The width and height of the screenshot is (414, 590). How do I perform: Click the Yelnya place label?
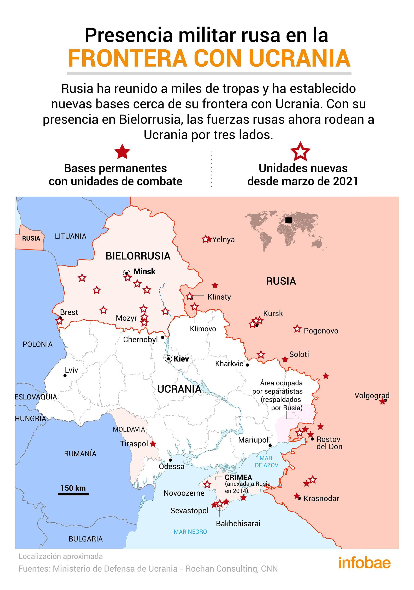(x=223, y=240)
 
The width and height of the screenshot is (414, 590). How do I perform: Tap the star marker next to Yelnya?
(x=206, y=239)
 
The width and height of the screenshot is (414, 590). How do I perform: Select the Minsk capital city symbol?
(x=126, y=273)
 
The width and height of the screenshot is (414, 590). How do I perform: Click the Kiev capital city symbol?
(x=168, y=359)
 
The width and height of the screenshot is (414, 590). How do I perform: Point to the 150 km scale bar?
(x=73, y=494)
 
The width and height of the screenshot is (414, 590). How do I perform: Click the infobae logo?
(x=364, y=563)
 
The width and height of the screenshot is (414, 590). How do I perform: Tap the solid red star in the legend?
(x=122, y=152)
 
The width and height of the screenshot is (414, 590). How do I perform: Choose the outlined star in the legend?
(x=300, y=152)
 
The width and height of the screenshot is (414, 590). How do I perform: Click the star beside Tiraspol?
(x=153, y=444)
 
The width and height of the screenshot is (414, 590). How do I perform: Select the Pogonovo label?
(x=321, y=331)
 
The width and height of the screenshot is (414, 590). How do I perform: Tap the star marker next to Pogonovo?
(x=297, y=329)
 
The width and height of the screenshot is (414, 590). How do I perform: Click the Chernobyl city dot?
(x=162, y=337)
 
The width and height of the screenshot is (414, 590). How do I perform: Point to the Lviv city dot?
(x=65, y=376)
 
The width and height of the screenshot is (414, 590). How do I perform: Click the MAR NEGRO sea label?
(x=190, y=532)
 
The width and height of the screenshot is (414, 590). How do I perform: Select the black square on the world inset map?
(x=289, y=220)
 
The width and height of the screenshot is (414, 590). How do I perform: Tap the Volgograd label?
(x=372, y=395)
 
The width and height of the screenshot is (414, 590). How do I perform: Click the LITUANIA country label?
(x=71, y=236)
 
